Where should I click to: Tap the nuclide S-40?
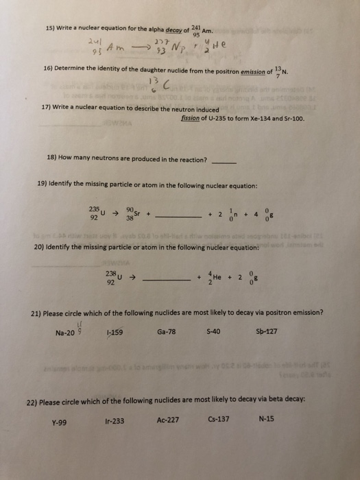tap(213, 331)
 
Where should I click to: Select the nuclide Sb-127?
tap(266, 331)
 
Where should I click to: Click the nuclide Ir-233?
tap(115, 421)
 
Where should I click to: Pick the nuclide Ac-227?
tap(167, 420)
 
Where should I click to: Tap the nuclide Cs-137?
tap(219, 419)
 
